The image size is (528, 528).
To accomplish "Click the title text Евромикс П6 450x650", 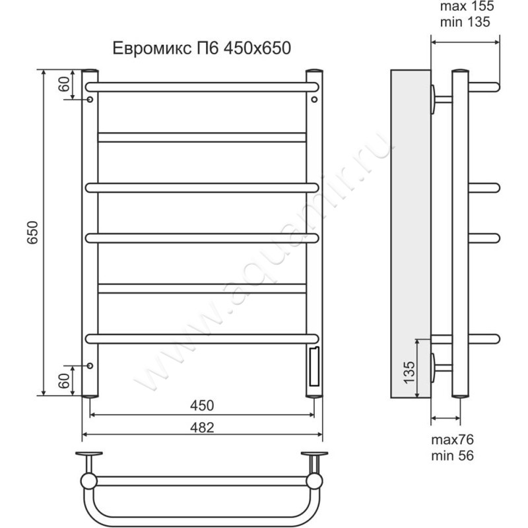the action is (202, 48).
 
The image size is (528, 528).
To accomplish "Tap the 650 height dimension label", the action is (32, 233).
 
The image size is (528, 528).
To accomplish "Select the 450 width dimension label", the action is (202, 405).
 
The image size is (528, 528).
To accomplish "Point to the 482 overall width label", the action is (202, 427).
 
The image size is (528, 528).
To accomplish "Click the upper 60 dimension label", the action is (64, 84).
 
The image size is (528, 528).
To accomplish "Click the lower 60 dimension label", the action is (64, 381).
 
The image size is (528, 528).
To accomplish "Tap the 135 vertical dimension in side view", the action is (409, 372).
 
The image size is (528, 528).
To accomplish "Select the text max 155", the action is (467, 7).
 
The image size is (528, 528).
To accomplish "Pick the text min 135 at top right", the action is (465, 22).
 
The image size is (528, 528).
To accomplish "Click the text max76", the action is (452, 440).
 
